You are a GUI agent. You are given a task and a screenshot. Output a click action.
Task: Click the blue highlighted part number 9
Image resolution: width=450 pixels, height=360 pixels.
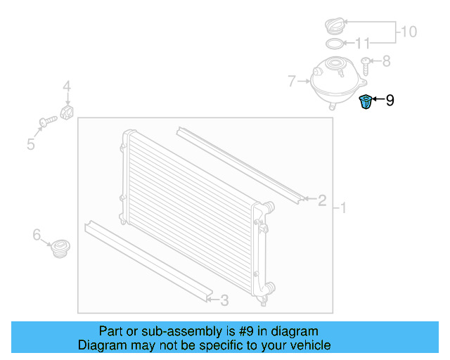tap(365, 102)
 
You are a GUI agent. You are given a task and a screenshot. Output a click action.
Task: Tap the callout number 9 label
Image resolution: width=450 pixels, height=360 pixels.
tap(390, 101)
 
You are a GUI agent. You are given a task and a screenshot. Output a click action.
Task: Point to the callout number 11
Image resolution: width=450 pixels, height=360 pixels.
tap(361, 44)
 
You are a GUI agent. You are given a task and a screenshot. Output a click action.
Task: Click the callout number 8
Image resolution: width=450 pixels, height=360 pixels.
tap(385, 62)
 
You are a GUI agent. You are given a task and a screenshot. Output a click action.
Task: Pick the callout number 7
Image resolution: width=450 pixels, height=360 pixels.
tap(291, 82)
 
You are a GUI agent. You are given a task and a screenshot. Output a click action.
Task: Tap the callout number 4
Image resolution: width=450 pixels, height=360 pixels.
tap(67, 87)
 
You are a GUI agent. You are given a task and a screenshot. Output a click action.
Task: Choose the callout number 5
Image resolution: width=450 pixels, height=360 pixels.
tap(31, 144)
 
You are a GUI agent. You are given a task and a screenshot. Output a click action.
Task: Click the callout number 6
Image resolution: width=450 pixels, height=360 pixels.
tap(37, 236)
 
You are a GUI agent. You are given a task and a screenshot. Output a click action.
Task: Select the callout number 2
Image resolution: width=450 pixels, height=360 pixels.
tap(322, 201)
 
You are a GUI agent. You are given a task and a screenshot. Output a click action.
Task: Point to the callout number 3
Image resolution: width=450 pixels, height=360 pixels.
tap(224, 301)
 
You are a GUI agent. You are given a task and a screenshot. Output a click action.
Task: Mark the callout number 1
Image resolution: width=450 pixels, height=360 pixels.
tap(343, 207)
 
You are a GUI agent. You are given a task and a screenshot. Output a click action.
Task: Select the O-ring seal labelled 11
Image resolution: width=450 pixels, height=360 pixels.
tap(337, 44)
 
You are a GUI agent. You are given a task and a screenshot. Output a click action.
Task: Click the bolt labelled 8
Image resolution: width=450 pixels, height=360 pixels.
tap(366, 65)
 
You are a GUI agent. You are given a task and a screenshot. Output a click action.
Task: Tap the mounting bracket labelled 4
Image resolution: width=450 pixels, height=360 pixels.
tap(69, 112)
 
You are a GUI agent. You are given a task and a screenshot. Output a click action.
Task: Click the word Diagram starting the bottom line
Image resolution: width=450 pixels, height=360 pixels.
tap(101, 345)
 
